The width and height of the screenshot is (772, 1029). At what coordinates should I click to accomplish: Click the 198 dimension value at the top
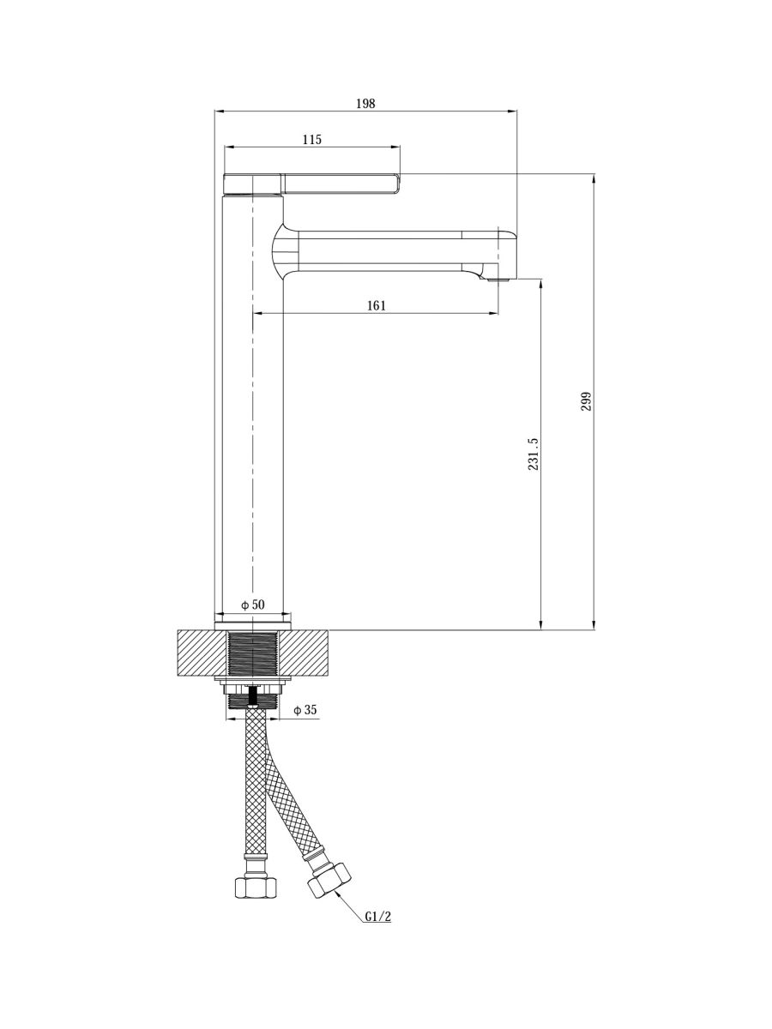coord(365,103)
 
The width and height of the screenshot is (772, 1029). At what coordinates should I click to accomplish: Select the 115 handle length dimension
coord(312,139)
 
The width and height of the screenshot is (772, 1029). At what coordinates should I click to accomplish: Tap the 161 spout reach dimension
coord(377,305)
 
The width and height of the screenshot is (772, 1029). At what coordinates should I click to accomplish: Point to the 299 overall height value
coord(587,402)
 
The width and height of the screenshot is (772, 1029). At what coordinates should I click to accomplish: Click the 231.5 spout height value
coord(534,454)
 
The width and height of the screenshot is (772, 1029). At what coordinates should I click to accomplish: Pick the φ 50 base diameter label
coord(253,605)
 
